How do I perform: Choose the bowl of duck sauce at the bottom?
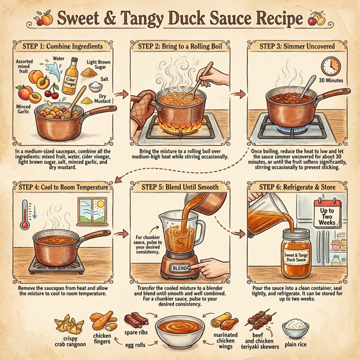[x=179, y=331]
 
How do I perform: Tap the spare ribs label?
[x=140, y=332]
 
